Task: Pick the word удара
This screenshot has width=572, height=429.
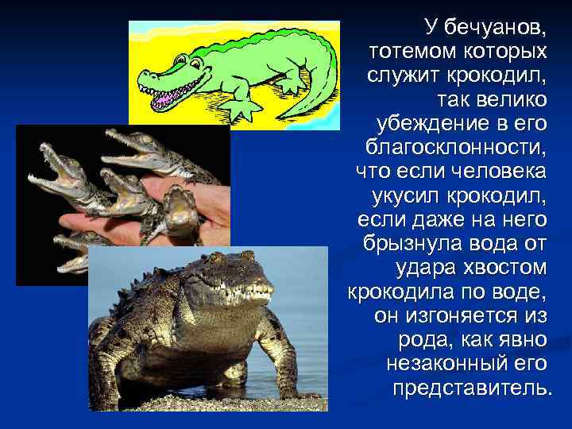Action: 426,266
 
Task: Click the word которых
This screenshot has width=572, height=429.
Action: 505,52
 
